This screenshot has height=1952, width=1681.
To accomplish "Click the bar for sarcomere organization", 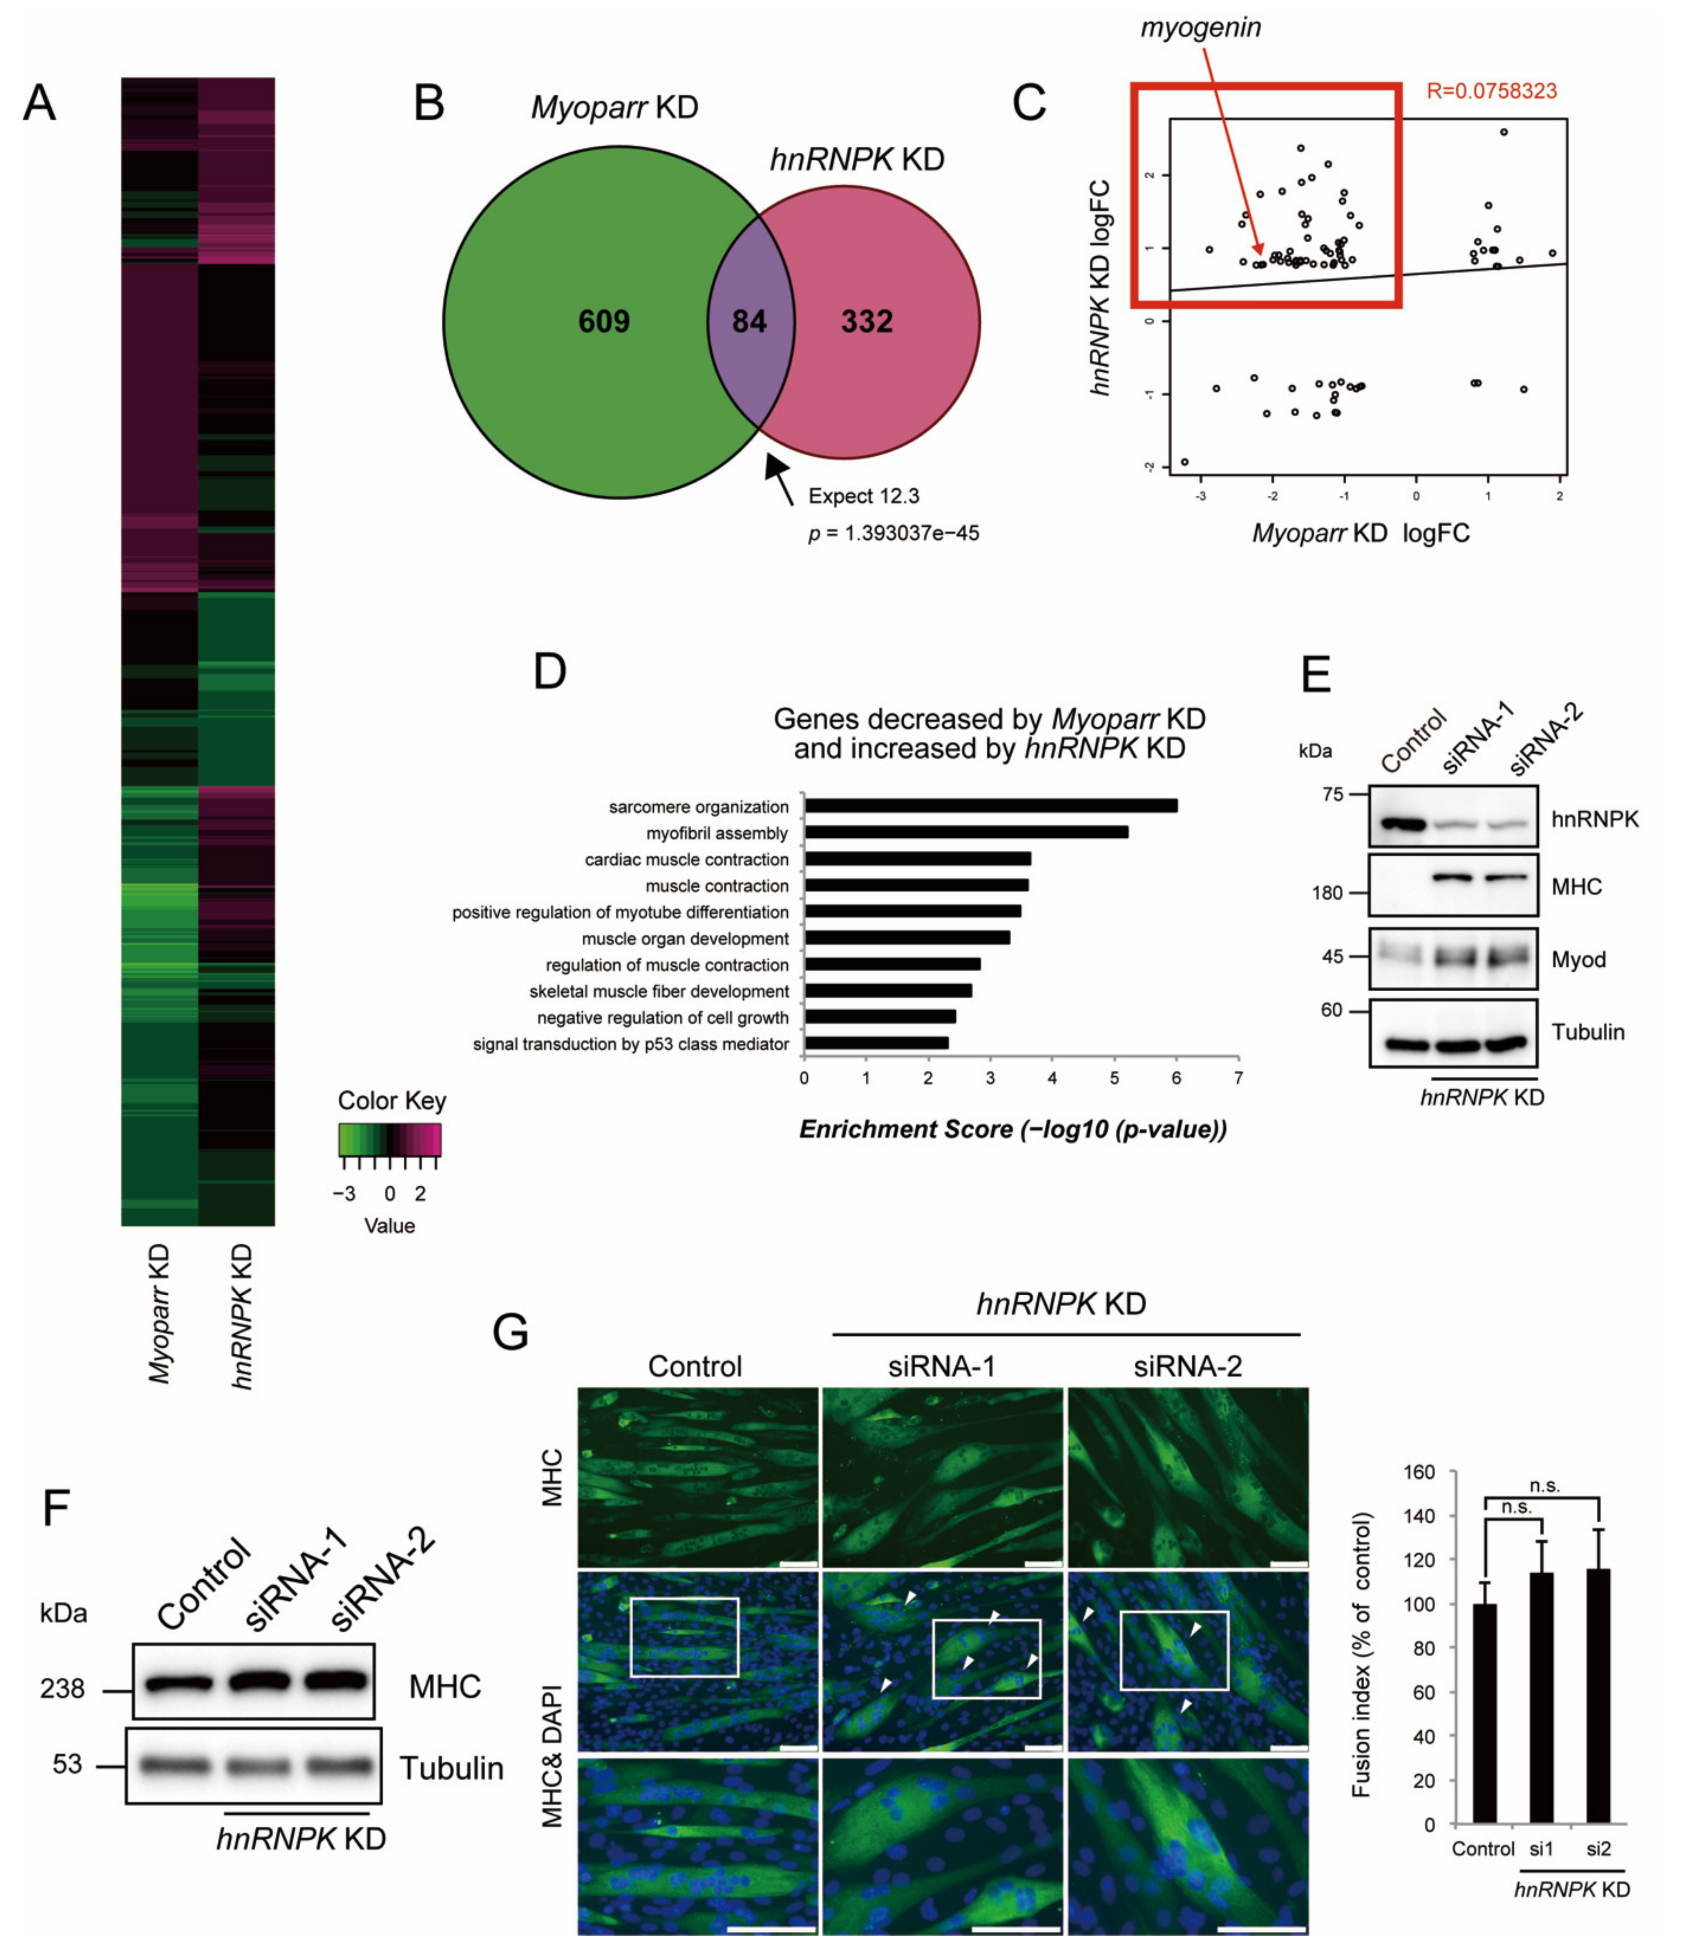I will coord(990,805).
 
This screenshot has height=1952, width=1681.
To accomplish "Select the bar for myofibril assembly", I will coord(966,832).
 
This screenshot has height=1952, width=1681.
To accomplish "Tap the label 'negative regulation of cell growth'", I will coord(662,1017).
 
